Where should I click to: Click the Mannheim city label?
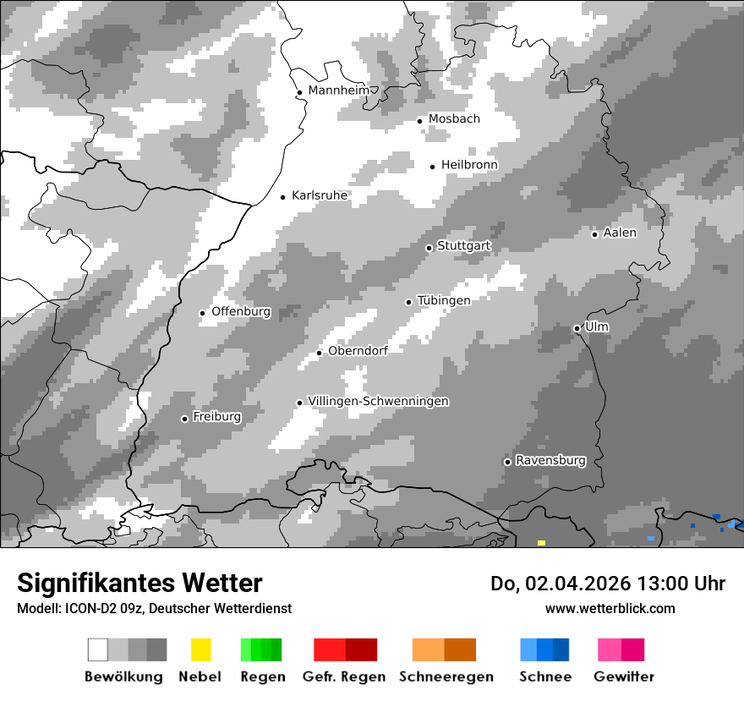pos(338,90)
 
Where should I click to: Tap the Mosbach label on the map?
pos(454,119)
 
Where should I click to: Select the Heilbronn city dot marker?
pos(432,167)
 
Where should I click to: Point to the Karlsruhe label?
pos(320,195)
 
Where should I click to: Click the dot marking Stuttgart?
pos(429,248)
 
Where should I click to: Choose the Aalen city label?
pos(620,233)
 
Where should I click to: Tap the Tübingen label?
pos(444,300)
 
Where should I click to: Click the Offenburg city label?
pos(241,311)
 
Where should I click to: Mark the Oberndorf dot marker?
pos(319,353)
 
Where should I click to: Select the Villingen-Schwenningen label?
pos(378,401)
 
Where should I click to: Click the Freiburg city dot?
pos(184,419)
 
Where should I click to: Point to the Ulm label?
pos(597,326)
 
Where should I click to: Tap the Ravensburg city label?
pos(550,460)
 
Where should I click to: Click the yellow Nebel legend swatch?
pos(200,650)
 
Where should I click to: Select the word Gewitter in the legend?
pos(624,677)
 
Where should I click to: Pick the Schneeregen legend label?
pos(446,677)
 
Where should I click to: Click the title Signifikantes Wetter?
pos(139,583)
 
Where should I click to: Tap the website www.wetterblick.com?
pos(610,608)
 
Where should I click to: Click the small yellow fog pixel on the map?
pos(541,542)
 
